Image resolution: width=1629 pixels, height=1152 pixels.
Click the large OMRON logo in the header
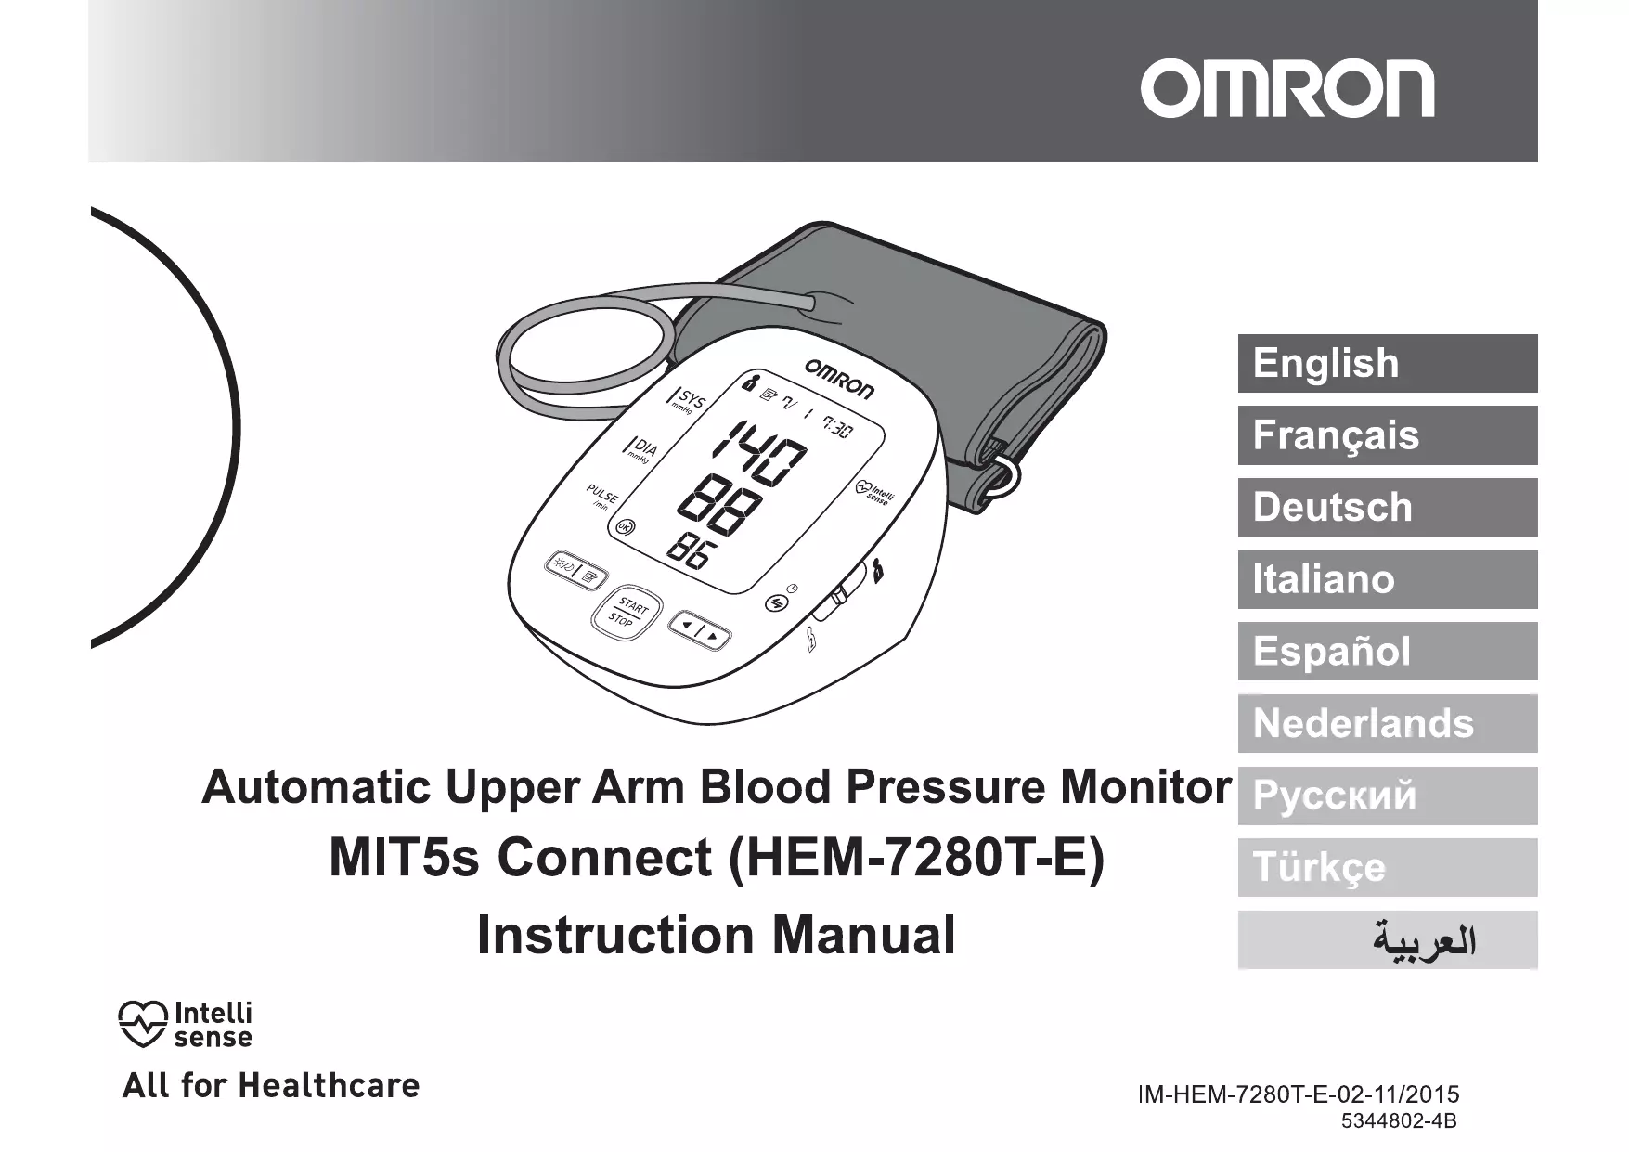(x=1286, y=89)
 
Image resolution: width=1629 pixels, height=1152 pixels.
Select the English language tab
(x=1387, y=363)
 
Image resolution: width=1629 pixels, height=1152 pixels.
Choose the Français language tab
(x=1387, y=435)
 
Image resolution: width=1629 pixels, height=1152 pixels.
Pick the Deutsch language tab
(x=1387, y=507)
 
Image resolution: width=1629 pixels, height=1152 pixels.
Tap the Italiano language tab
(x=1387, y=579)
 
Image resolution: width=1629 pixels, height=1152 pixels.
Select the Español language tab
(x=1387, y=651)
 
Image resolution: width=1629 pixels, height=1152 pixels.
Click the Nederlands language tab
(x=1387, y=723)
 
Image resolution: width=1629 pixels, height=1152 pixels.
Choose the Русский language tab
(x=1387, y=796)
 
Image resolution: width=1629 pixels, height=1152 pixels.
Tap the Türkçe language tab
(x=1387, y=867)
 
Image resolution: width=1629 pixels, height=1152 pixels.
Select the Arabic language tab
(x=1387, y=939)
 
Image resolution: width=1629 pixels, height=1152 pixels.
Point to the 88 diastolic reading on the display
(x=720, y=506)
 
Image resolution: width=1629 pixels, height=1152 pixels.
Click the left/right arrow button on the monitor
(x=699, y=630)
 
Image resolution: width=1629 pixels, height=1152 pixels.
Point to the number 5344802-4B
(x=1399, y=1120)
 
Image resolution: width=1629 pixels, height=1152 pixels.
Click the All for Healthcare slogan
(x=271, y=1085)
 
